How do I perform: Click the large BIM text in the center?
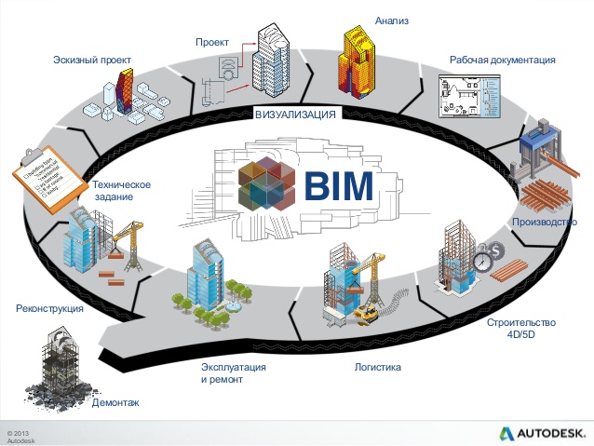[339, 186]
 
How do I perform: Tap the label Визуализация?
[294, 114]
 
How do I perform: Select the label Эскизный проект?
[91, 60]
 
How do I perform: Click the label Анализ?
[392, 20]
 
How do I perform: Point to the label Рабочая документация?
[502, 60]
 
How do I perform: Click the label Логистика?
[377, 367]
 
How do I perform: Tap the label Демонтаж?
[115, 402]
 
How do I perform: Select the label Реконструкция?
[50, 307]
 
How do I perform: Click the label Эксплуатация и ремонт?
[234, 373]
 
